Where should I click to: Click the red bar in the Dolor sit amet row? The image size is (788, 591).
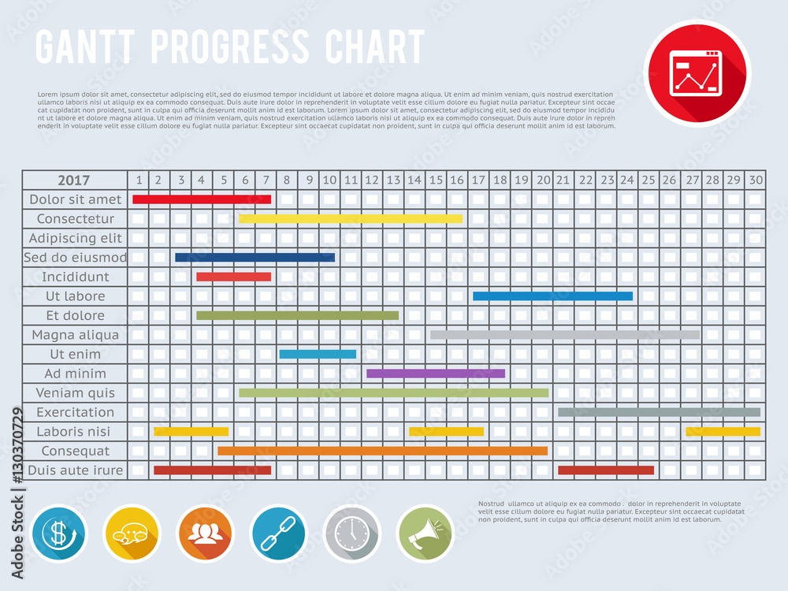(x=202, y=199)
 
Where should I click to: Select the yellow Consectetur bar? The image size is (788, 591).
(x=351, y=218)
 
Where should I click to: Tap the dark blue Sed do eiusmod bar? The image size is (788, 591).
(x=255, y=257)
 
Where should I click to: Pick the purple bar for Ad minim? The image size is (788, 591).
(x=436, y=374)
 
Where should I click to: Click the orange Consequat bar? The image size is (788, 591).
(x=382, y=451)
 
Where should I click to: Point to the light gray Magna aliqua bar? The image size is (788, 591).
(x=565, y=335)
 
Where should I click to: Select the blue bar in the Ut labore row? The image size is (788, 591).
(x=552, y=296)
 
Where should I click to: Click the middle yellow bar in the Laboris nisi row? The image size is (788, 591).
(x=446, y=431)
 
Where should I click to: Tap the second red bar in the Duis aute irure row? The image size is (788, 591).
(x=606, y=470)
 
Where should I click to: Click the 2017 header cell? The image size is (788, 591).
(x=74, y=180)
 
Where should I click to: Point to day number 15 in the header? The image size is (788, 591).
(x=436, y=180)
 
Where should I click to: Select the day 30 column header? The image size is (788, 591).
(x=756, y=180)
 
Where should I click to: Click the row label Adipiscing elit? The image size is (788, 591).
(x=76, y=238)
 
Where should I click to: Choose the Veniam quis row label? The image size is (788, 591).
(x=76, y=392)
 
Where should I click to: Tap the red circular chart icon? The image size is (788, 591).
(x=697, y=72)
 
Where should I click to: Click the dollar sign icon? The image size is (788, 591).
(x=59, y=534)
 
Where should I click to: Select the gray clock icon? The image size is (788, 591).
(x=351, y=534)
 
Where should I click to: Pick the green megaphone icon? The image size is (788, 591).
(x=425, y=534)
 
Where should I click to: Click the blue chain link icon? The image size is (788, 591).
(x=278, y=534)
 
